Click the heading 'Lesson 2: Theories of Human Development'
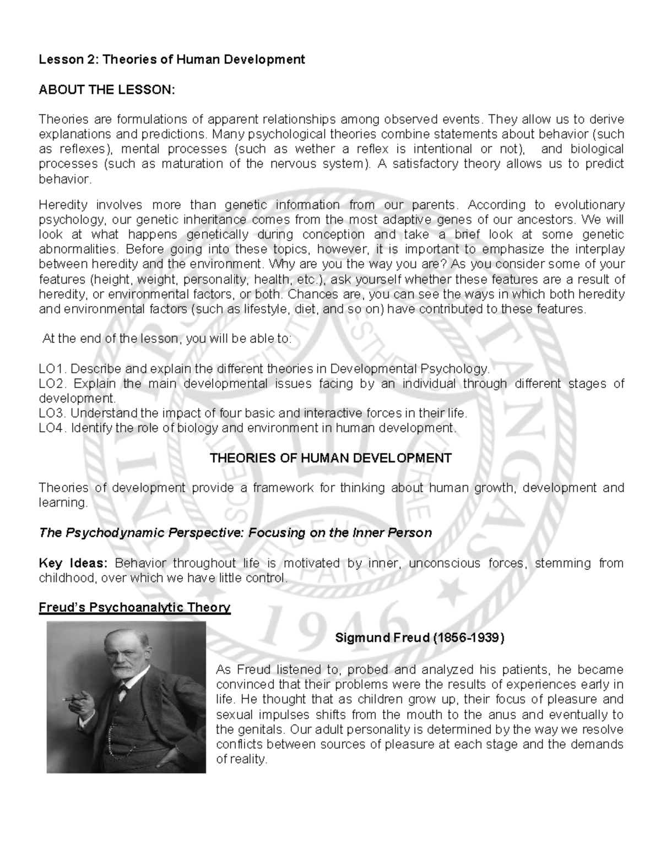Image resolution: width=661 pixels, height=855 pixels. pyautogui.click(x=171, y=59)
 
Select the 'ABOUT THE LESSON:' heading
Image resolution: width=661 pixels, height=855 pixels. pyautogui.click(x=106, y=90)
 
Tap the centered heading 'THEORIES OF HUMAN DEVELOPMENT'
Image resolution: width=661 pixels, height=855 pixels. pyautogui.click(x=331, y=458)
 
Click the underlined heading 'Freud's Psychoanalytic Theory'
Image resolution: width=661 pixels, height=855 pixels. pyautogui.click(x=134, y=608)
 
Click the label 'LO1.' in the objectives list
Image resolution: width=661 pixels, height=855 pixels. pyautogui.click(x=53, y=369)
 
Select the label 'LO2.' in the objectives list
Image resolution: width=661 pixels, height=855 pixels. pyautogui.click(x=53, y=384)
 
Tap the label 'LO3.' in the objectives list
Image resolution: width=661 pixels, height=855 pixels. pyautogui.click(x=53, y=413)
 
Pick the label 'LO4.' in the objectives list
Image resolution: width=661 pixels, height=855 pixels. pyautogui.click(x=53, y=428)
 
